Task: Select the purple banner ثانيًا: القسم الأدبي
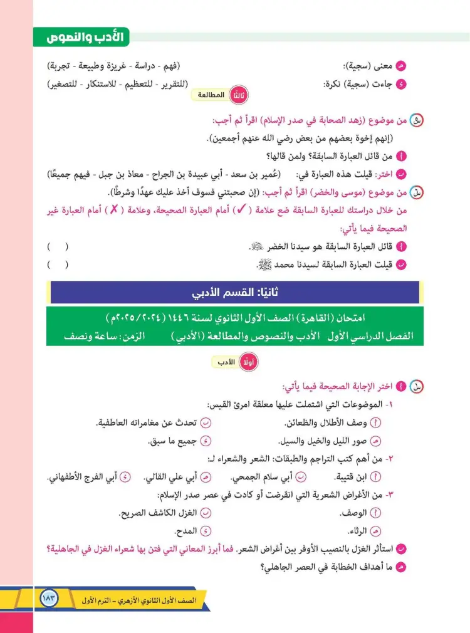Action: [234, 293]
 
